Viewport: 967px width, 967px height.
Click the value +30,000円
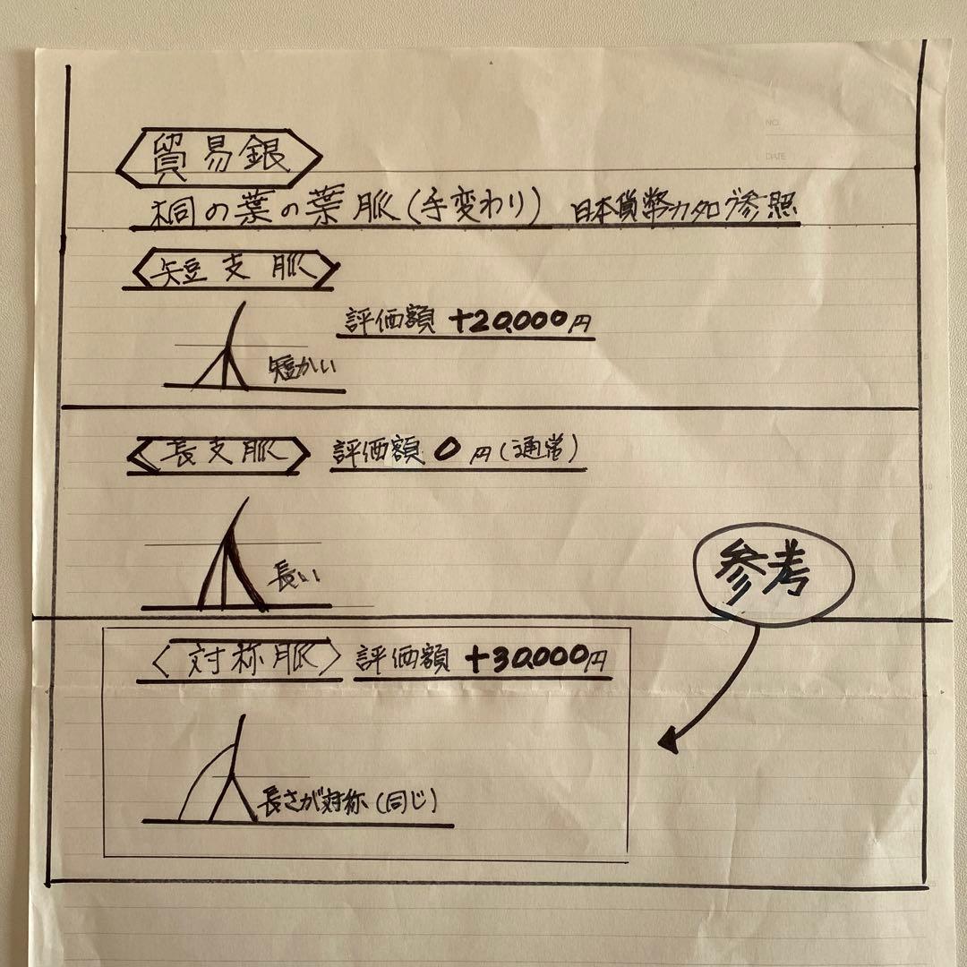tap(535, 661)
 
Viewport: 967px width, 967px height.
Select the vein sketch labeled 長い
tap(228, 560)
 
